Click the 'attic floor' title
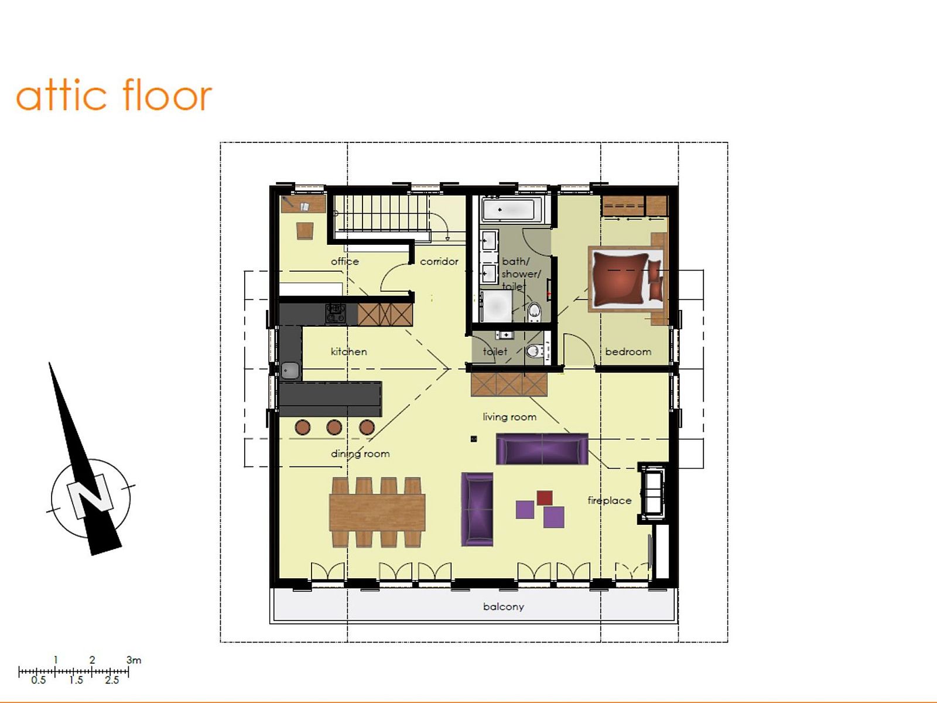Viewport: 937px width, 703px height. click(114, 95)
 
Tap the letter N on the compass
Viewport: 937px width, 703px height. click(91, 497)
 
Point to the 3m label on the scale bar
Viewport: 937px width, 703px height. click(134, 660)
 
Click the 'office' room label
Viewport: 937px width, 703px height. click(345, 261)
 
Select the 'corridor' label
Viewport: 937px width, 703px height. click(439, 261)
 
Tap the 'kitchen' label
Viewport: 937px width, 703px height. click(349, 351)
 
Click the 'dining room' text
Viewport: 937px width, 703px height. click(360, 453)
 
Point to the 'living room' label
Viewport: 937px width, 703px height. click(509, 417)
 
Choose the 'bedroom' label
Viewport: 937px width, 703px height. click(628, 351)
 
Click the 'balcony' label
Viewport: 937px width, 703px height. click(504, 606)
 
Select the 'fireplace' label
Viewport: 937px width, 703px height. click(610, 500)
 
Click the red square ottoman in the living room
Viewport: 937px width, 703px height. click(545, 498)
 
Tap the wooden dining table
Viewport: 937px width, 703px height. click(377, 512)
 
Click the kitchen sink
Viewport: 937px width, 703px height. click(290, 370)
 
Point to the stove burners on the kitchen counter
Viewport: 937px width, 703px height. click(336, 314)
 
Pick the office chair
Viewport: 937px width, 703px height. click(305, 230)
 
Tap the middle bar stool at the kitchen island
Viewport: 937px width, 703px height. click(334, 427)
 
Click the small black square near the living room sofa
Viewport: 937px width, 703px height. click(474, 439)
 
